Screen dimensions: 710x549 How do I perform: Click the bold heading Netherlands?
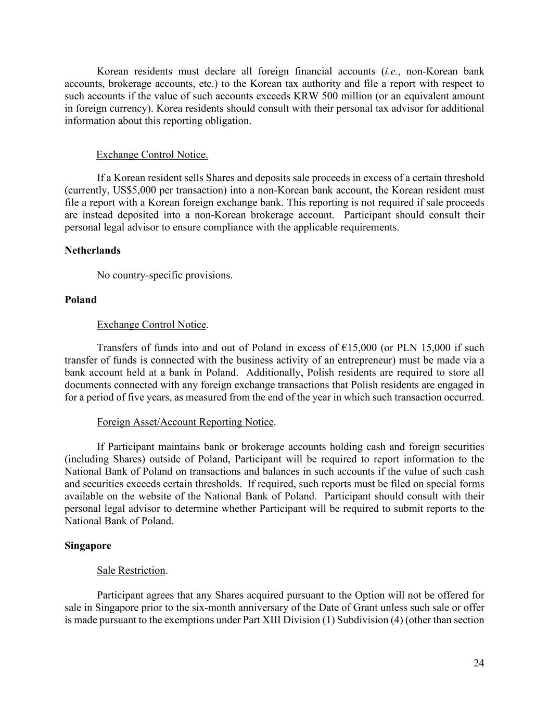pyautogui.click(x=92, y=250)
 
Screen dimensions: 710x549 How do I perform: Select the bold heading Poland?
pyautogui.click(x=81, y=300)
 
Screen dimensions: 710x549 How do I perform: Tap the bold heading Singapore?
pyautogui.click(x=88, y=546)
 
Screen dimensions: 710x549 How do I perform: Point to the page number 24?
pyautogui.click(x=479, y=663)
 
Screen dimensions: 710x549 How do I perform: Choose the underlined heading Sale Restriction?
pyautogui.click(x=131, y=570)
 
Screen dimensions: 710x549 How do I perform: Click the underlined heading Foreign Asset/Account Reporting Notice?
pyautogui.click(x=185, y=422)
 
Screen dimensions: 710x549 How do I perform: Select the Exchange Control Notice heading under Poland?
pyautogui.click(x=151, y=325)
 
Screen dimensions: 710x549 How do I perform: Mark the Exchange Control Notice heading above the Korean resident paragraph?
pyautogui.click(x=152, y=154)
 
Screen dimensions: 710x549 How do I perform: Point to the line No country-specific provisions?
pyautogui.click(x=164, y=275)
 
